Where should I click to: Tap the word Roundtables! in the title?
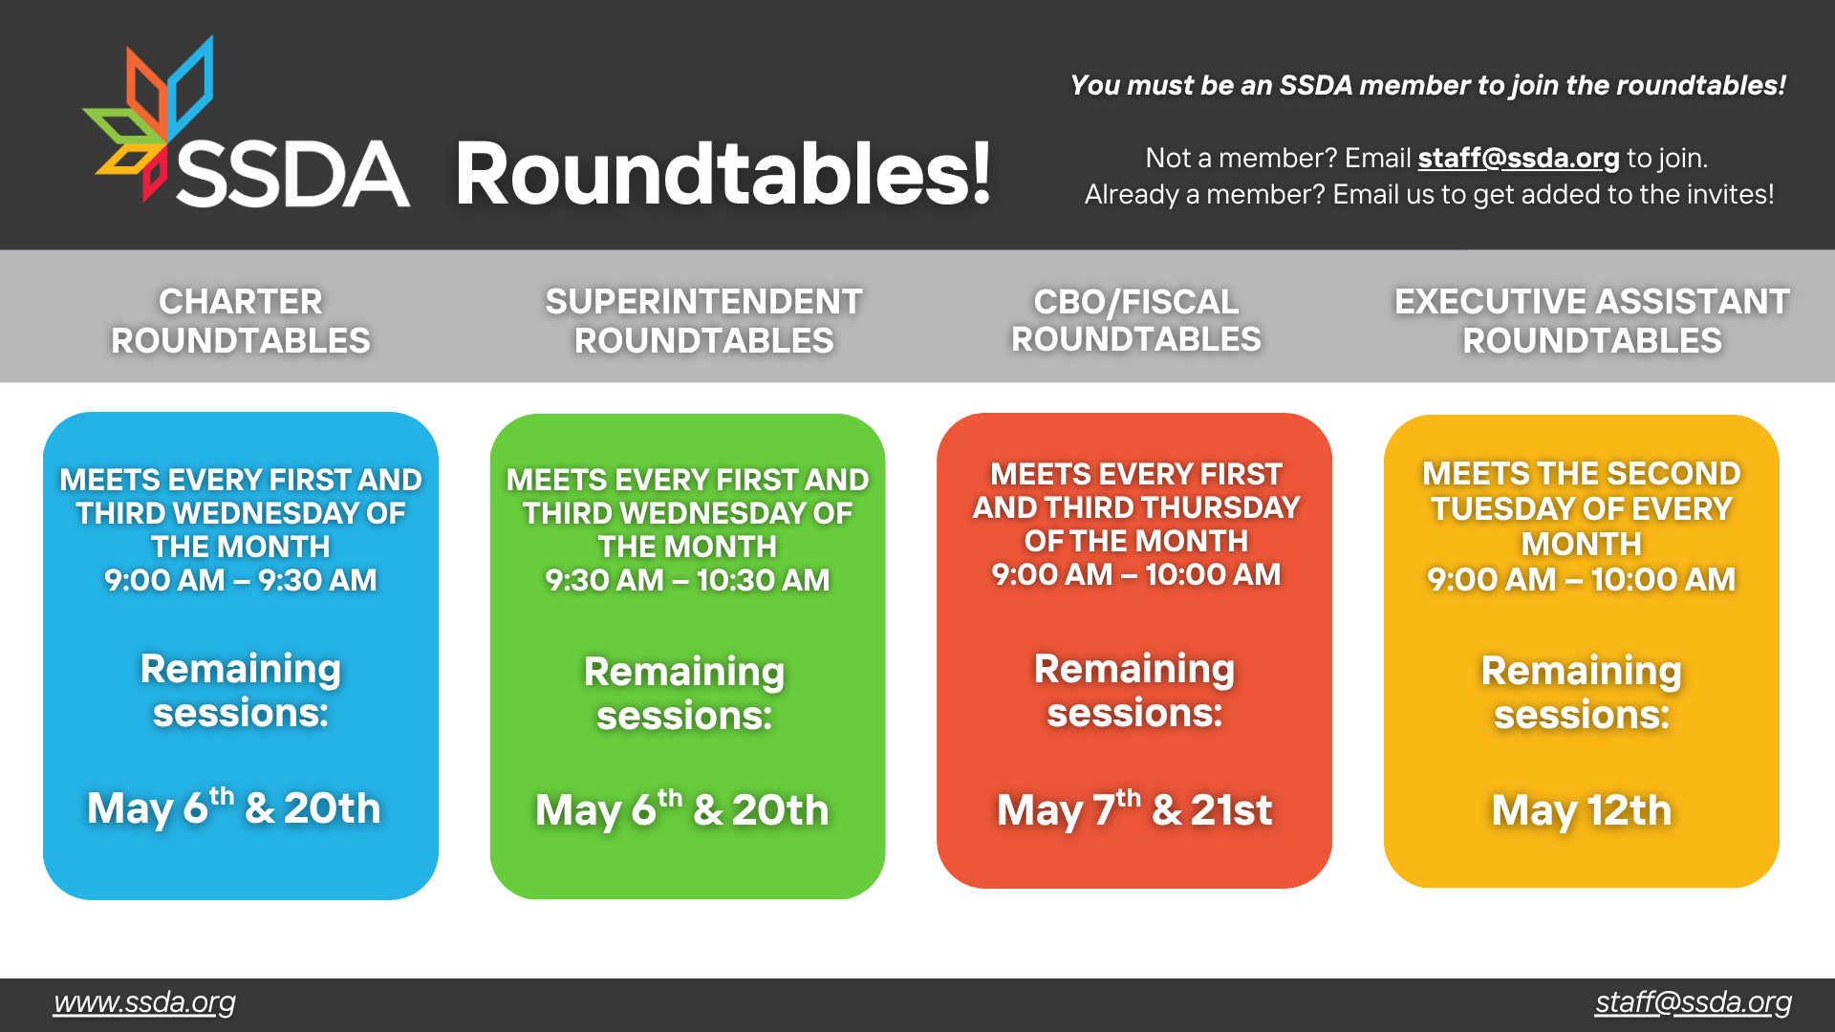[723, 173]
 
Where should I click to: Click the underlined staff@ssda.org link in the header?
[1519, 158]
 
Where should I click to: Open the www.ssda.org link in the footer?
[144, 1002]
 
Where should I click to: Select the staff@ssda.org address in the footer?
[1694, 1002]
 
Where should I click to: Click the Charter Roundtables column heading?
[241, 321]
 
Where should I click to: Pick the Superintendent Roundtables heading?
[704, 321]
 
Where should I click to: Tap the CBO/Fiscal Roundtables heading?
[1136, 320]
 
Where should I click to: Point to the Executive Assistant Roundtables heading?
[1592, 321]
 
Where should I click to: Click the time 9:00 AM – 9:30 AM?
[241, 580]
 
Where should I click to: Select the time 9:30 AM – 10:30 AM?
[687, 580]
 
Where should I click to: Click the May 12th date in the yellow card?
[1582, 810]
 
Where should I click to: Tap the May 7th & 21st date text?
[1134, 809]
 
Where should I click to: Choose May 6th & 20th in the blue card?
[234, 807]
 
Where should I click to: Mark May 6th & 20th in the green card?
[682, 809]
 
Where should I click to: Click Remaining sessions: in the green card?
[684, 694]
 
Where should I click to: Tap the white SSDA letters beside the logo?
[292, 174]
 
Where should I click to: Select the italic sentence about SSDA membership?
[1428, 85]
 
